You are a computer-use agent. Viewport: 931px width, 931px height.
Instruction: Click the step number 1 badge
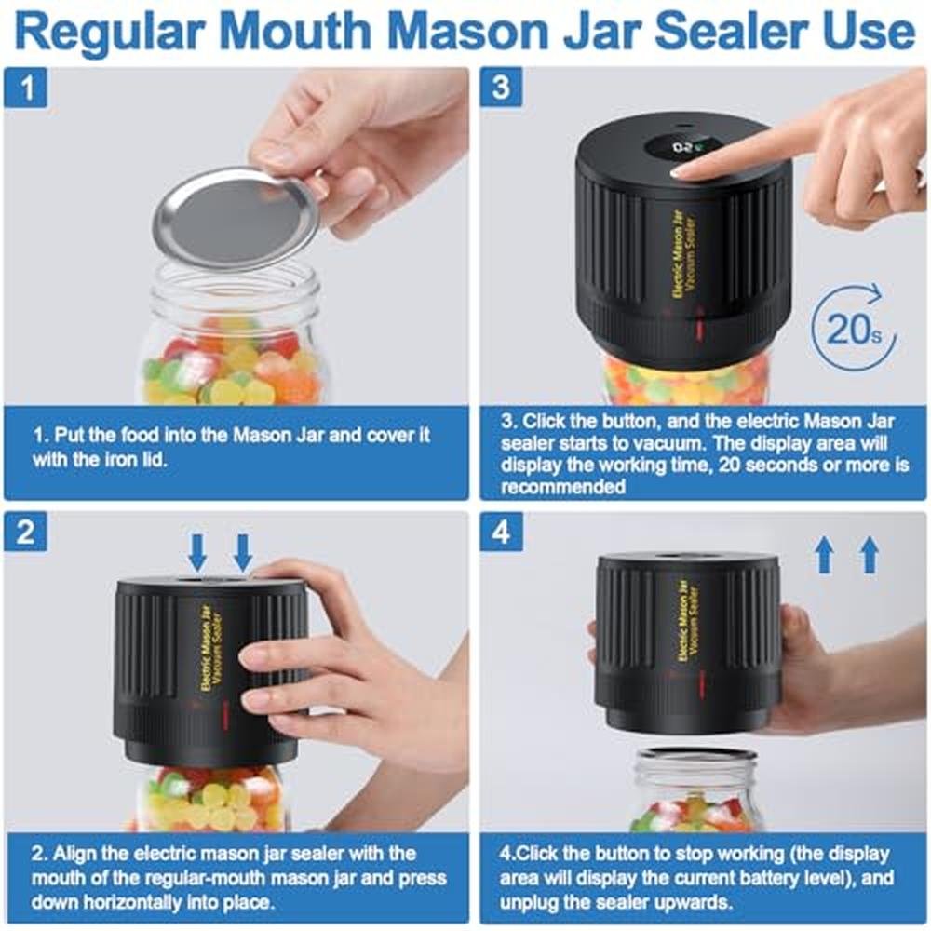26,88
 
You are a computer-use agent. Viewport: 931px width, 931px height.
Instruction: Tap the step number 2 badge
26,532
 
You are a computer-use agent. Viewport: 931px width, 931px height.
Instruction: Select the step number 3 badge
501,87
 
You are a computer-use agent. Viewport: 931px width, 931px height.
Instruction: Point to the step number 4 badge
501,532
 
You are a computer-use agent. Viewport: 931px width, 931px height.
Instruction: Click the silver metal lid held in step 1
236,218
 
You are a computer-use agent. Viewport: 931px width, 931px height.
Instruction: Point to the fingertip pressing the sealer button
682,172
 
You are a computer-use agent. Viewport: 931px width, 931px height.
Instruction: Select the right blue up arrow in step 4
870,555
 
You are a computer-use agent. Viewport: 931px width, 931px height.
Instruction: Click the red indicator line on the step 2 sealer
226,714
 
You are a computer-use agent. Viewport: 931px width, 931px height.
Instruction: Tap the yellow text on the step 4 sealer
688,620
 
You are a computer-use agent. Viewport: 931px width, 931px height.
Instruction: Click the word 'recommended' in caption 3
563,487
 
